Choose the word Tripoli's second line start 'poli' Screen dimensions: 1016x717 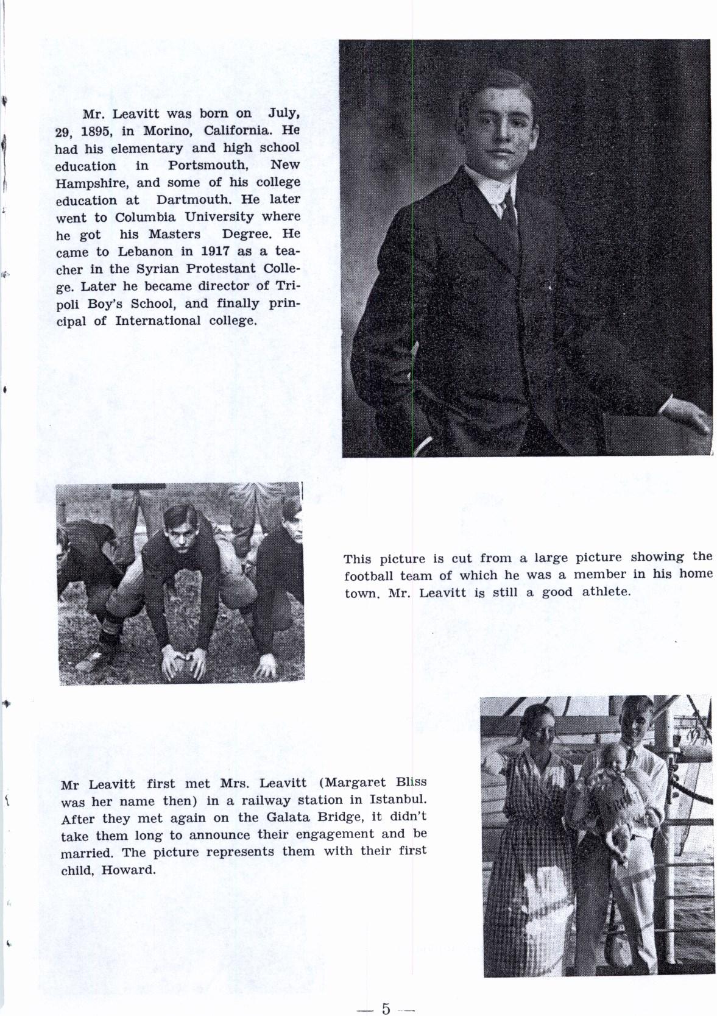pyautogui.click(x=66, y=304)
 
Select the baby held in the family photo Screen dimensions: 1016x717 pyautogui.click(x=609, y=792)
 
